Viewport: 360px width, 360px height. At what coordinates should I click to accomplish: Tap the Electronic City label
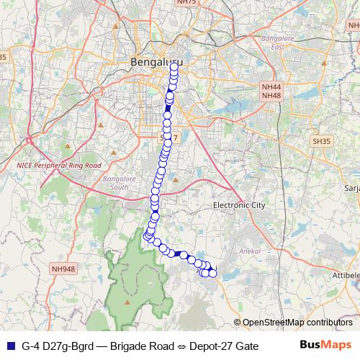240,205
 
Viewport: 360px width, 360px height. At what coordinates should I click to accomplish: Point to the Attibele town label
345,275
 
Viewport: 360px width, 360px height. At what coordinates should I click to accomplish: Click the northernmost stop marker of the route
174,66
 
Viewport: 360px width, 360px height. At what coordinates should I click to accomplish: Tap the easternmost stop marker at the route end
212,272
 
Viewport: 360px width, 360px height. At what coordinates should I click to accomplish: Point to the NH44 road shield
270,86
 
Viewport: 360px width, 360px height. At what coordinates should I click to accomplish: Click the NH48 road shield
270,95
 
